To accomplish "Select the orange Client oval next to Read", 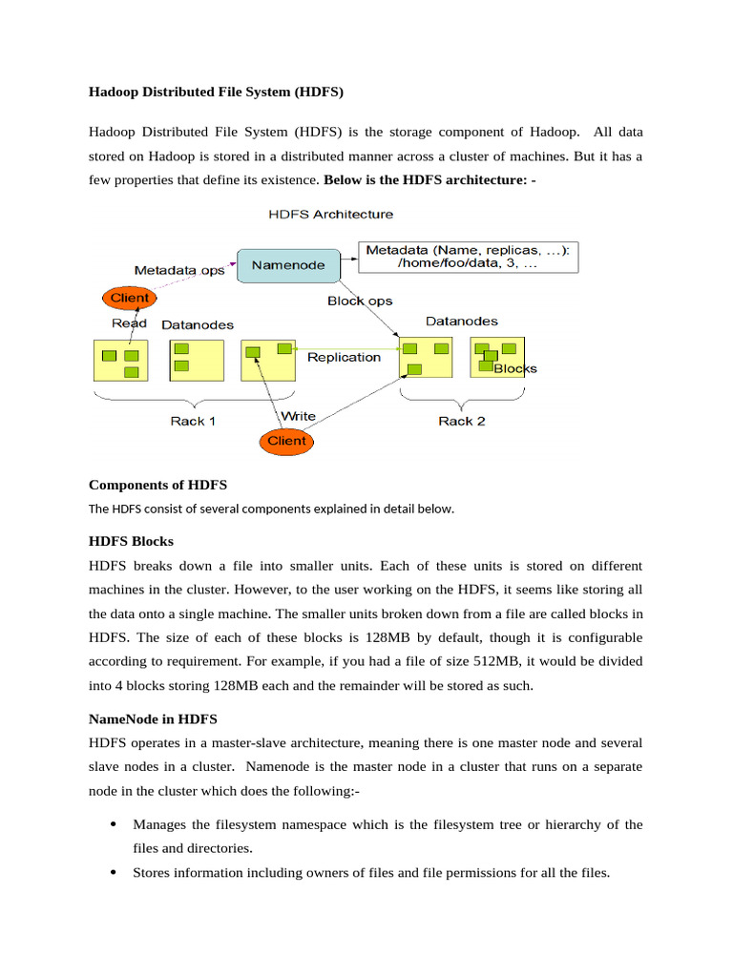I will [x=130, y=298].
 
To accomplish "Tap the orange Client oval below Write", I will [x=286, y=441].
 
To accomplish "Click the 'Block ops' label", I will [x=360, y=301].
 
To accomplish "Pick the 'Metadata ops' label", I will [x=179, y=270].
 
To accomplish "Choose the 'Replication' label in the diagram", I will [x=344, y=358].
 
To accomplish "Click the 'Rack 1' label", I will [x=193, y=421].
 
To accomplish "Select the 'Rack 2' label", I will [x=462, y=421].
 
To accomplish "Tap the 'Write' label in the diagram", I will [x=298, y=417].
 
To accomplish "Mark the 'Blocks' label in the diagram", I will [x=515, y=369].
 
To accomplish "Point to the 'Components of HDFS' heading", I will [x=157, y=485].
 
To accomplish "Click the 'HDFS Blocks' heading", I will [x=131, y=541].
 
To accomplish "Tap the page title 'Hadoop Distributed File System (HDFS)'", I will [x=216, y=93].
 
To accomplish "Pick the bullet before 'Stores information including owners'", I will [x=114, y=872].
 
